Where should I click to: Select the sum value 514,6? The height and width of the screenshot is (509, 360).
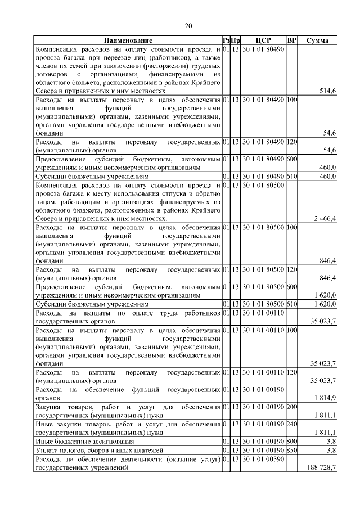tap(327, 91)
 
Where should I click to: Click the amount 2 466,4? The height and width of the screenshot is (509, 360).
tap(323, 218)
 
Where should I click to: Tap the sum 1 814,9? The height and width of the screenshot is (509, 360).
tap(325, 399)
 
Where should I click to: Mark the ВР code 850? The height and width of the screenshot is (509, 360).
tap(291, 450)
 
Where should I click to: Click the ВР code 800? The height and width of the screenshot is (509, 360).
tap(291, 441)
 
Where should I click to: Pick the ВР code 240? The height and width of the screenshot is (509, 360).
tap(291, 424)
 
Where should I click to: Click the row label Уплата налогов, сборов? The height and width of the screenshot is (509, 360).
tap(91, 450)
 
